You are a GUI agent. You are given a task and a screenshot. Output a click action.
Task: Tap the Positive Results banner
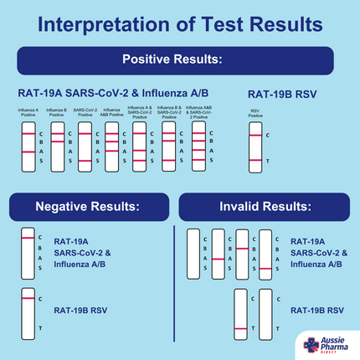[x=179, y=60]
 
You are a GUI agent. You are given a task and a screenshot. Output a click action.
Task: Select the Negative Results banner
[x=87, y=206]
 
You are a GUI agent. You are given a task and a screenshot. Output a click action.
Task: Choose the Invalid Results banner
[x=265, y=206]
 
